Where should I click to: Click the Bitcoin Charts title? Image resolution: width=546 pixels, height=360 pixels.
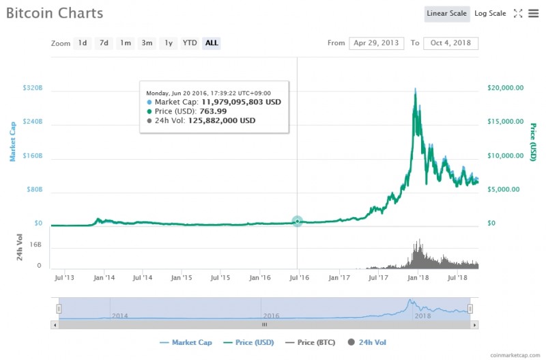(x=55, y=14)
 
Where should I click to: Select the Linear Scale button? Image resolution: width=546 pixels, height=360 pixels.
(x=447, y=14)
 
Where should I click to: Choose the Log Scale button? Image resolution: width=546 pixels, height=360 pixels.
(x=490, y=14)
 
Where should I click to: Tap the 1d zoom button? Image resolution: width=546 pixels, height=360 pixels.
(x=83, y=43)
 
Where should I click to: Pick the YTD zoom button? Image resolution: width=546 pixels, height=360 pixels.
(x=190, y=43)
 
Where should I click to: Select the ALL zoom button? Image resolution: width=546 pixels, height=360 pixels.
(x=212, y=43)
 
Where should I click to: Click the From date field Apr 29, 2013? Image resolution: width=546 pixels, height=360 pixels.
(x=376, y=43)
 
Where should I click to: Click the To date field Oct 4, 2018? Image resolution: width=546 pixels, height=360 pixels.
(x=450, y=43)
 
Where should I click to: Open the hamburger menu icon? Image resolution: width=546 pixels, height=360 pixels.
(x=533, y=14)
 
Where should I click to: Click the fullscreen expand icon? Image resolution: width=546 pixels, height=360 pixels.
(x=517, y=14)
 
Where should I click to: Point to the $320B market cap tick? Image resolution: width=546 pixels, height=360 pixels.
(x=32, y=88)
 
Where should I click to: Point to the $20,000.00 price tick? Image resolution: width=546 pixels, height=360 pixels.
(x=506, y=88)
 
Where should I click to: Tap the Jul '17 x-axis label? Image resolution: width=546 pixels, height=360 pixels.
(x=379, y=278)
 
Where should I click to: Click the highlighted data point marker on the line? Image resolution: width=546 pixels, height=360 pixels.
(x=298, y=221)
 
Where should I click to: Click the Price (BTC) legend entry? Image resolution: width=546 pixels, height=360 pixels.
(x=315, y=342)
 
